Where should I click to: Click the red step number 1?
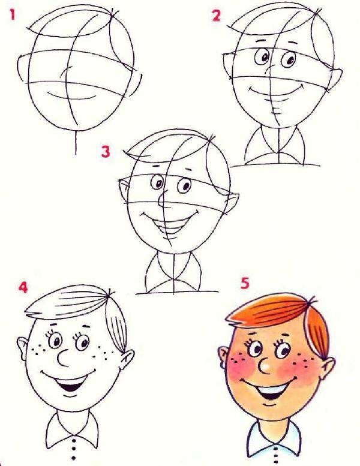(12, 14)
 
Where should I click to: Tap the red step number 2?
(216, 16)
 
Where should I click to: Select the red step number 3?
(106, 152)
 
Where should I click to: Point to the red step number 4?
(23, 287)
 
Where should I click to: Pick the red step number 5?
(245, 283)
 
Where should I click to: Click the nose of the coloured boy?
(265, 366)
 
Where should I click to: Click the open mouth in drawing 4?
(70, 386)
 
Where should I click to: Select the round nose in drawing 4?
(64, 358)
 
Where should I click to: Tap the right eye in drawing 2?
(289, 60)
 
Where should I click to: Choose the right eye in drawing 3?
(185, 186)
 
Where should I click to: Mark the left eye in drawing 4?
(55, 340)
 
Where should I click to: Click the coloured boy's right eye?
(282, 350)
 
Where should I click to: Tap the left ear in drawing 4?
(23, 348)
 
